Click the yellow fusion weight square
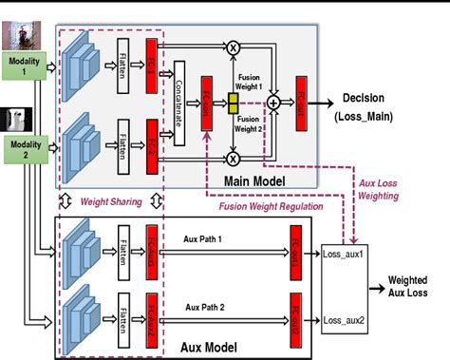pos(231,101)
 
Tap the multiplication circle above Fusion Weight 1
pos(232,45)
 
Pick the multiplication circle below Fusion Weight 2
pos(232,158)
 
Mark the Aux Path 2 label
pos(207,308)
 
